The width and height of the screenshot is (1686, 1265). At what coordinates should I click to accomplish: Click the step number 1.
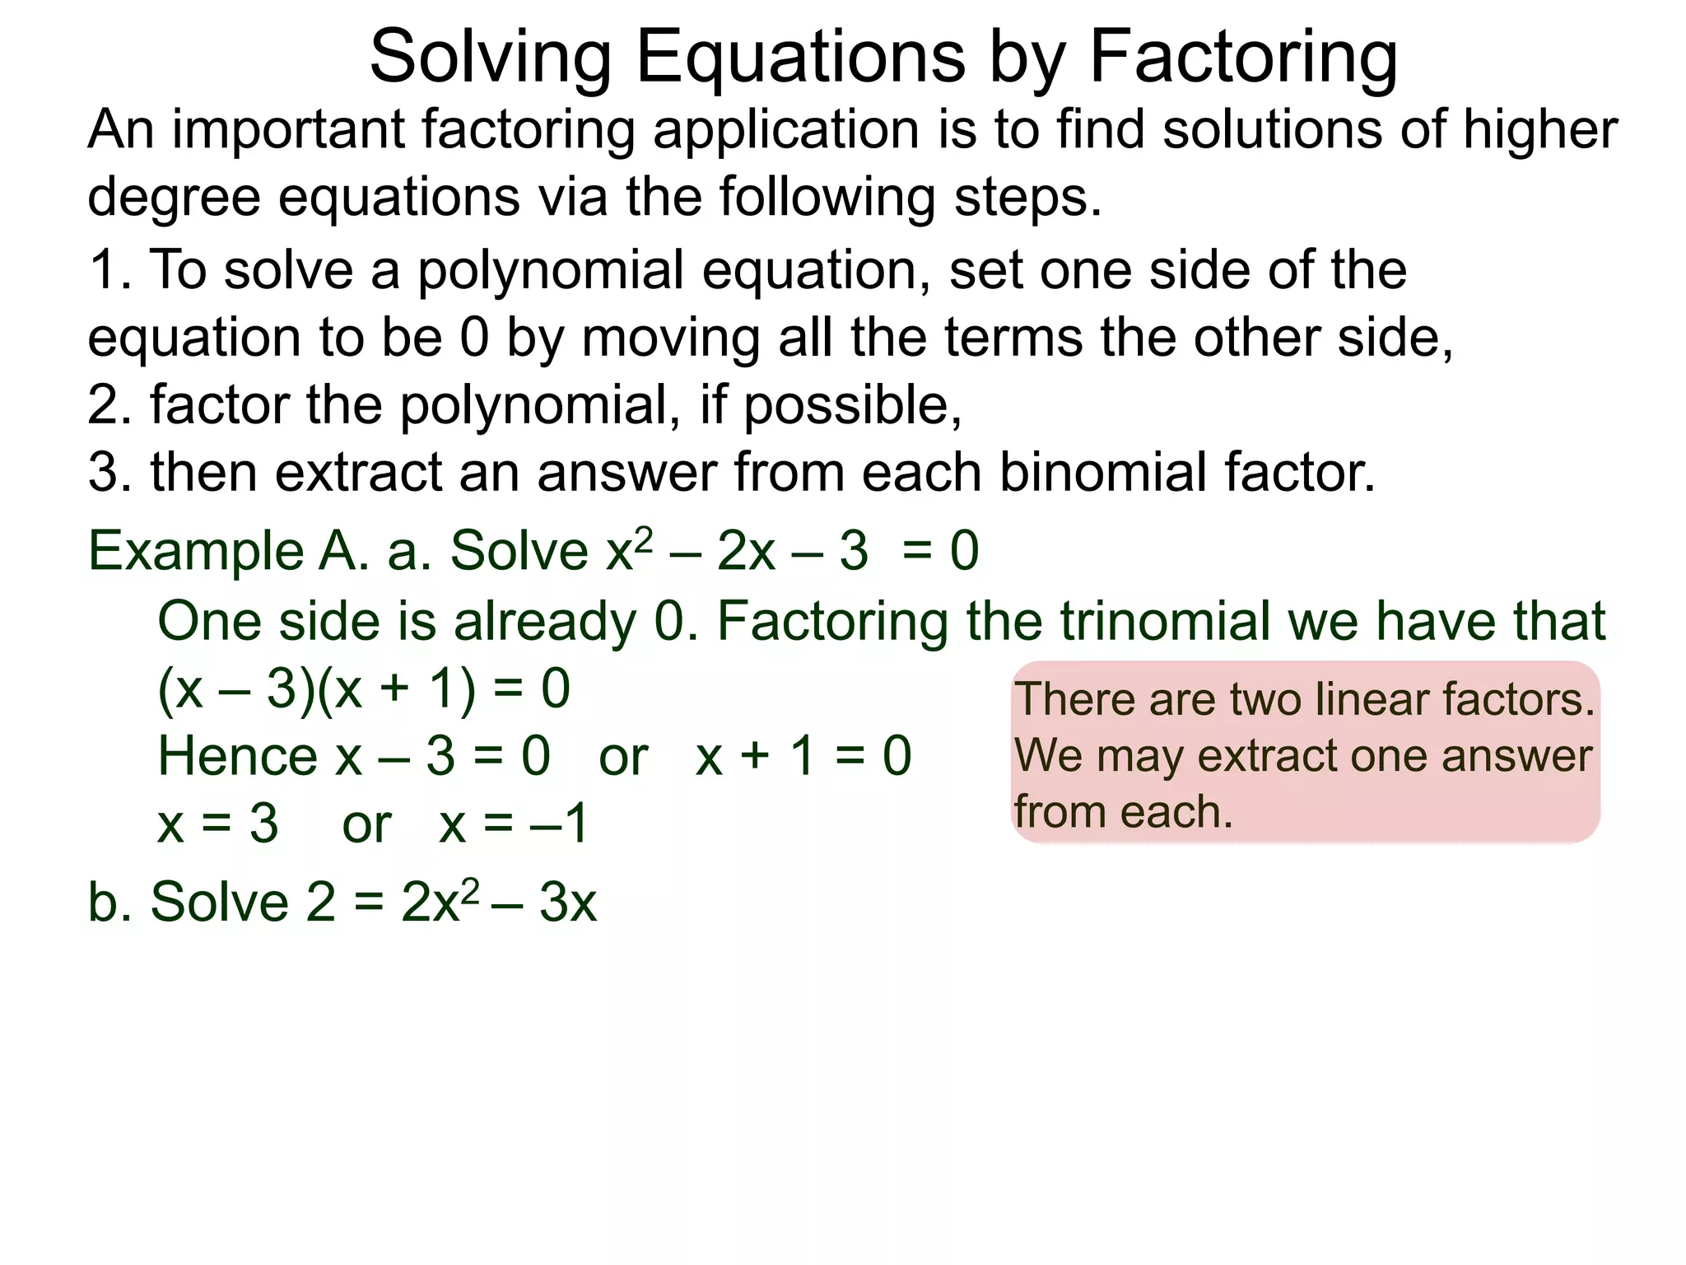[x=107, y=270]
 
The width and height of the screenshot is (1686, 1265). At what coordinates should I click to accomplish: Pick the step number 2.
[x=107, y=405]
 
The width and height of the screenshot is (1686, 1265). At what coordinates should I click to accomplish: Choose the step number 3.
[x=107, y=473]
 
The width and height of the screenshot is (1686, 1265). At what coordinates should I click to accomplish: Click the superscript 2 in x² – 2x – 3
[x=645, y=538]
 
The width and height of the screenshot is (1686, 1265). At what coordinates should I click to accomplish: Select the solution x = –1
[x=514, y=824]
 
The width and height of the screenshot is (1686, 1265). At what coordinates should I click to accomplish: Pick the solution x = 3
[x=218, y=824]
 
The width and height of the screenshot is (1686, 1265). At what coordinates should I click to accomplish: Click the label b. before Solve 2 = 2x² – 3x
[x=108, y=903]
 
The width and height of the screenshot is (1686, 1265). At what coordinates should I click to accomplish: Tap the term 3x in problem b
[x=568, y=903]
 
